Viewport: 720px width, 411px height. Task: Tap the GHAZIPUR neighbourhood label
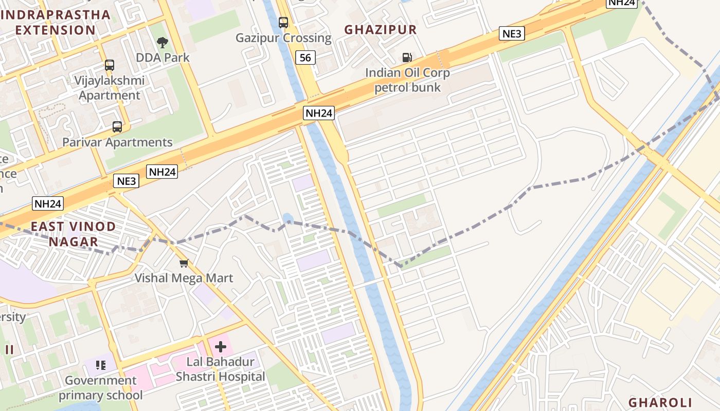(x=381, y=30)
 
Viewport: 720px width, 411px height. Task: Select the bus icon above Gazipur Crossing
(x=283, y=22)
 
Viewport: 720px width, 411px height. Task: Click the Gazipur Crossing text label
(x=283, y=38)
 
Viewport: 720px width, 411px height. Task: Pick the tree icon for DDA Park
(x=163, y=42)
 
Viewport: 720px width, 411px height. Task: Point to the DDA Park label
(x=163, y=58)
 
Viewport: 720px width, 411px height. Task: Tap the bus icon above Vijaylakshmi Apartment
(x=110, y=65)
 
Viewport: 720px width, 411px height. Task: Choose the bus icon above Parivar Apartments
(x=117, y=127)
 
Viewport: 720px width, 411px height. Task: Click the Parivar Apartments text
(x=117, y=142)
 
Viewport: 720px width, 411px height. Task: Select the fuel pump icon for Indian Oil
(x=407, y=57)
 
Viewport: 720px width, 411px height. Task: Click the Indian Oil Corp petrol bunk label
(x=407, y=80)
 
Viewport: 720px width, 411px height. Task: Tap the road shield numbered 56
(x=305, y=58)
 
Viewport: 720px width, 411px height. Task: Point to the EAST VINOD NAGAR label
(x=73, y=234)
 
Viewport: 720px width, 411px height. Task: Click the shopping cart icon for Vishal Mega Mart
(x=184, y=263)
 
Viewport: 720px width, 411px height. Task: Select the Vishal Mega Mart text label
(x=184, y=278)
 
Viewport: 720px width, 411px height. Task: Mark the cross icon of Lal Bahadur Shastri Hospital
(x=221, y=347)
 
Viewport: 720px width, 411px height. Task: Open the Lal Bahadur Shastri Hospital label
(x=221, y=369)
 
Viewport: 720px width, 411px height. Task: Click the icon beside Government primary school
(x=101, y=365)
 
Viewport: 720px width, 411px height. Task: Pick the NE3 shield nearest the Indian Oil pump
(x=512, y=34)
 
